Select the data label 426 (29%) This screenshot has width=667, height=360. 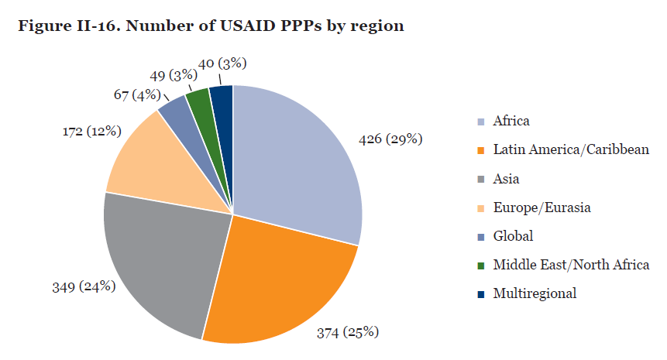tap(390, 139)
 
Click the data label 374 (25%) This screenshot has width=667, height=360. tap(348, 332)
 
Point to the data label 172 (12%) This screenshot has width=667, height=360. tap(92, 131)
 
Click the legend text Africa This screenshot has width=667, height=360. tap(511, 121)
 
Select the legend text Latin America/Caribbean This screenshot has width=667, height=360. tap(570, 149)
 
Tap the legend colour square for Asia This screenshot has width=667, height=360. tap(481, 180)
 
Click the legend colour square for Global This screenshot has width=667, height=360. tap(481, 237)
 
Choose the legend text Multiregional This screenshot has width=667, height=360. tap(535, 293)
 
